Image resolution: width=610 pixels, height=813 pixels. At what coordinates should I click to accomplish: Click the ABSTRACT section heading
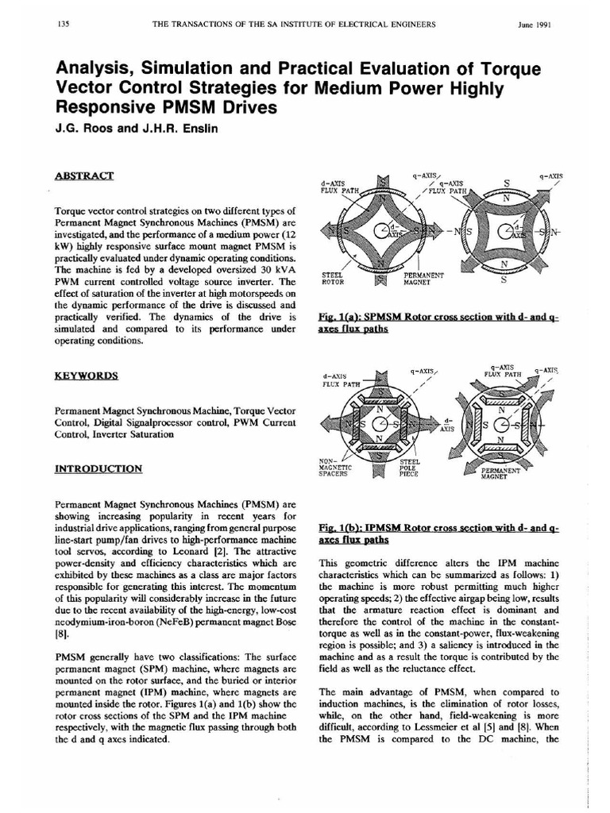click(x=84, y=175)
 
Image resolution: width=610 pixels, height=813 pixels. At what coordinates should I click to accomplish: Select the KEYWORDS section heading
click(x=87, y=376)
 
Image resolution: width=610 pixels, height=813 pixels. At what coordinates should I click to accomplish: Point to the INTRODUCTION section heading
click(x=98, y=468)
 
